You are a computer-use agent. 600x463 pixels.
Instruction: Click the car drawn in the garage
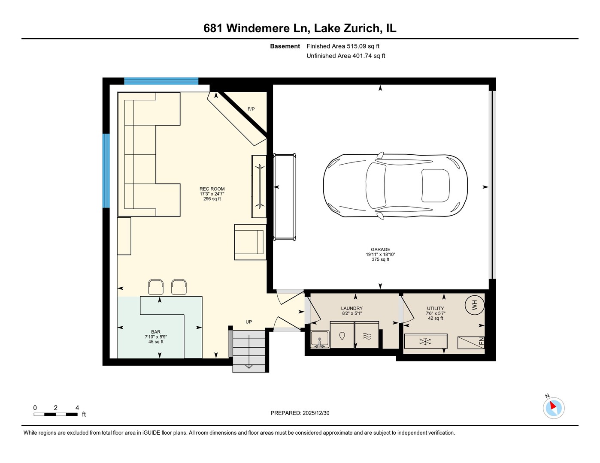[x=395, y=186]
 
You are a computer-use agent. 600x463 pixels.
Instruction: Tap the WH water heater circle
[x=475, y=305]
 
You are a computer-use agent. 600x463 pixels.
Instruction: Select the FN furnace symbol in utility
[x=471, y=343]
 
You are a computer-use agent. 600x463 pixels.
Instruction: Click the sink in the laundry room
[x=320, y=339]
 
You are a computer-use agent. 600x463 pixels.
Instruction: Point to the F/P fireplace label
[x=251, y=109]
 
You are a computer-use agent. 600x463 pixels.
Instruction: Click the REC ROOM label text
[x=212, y=189]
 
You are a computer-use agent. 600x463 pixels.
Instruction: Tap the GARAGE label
[x=381, y=249]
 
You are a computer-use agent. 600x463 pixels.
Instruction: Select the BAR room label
[x=156, y=332]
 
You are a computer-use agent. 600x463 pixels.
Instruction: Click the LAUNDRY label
[x=352, y=308]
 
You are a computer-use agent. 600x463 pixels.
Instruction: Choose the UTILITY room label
[x=436, y=308]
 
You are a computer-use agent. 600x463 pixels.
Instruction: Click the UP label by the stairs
[x=249, y=322]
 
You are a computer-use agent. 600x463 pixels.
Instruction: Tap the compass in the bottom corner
[x=554, y=408]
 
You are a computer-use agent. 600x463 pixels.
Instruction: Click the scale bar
[x=55, y=414]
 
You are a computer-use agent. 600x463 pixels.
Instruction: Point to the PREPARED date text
[x=300, y=413]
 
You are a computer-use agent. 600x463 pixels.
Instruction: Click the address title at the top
[x=300, y=28]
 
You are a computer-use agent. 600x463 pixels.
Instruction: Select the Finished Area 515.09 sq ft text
[x=343, y=46]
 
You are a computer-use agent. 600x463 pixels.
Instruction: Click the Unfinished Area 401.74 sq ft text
[x=345, y=56]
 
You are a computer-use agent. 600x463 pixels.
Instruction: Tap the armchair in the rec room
[x=250, y=242]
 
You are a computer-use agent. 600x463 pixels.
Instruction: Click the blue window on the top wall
[x=161, y=81]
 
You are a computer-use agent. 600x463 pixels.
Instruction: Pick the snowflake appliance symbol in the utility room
[x=425, y=342]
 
